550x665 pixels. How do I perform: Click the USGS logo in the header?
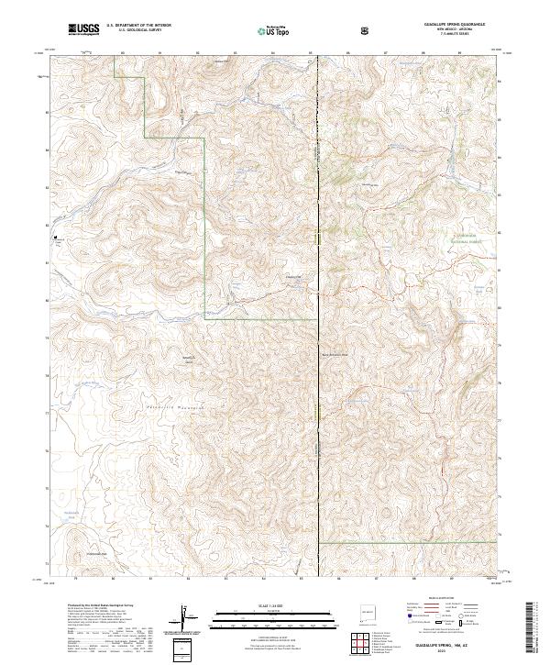(83, 30)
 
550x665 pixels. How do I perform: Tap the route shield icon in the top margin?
(368, 31)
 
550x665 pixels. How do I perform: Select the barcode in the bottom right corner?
(533, 627)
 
